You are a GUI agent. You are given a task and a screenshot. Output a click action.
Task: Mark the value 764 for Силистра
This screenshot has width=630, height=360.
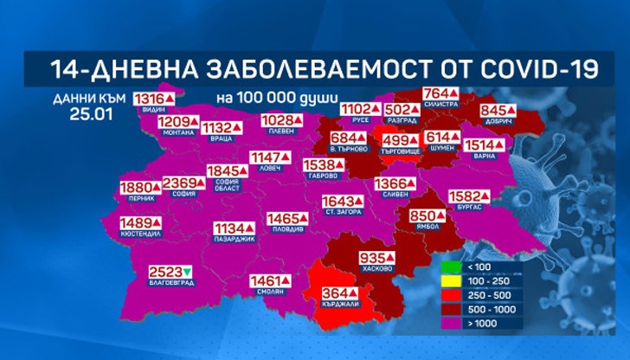click(438, 93)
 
